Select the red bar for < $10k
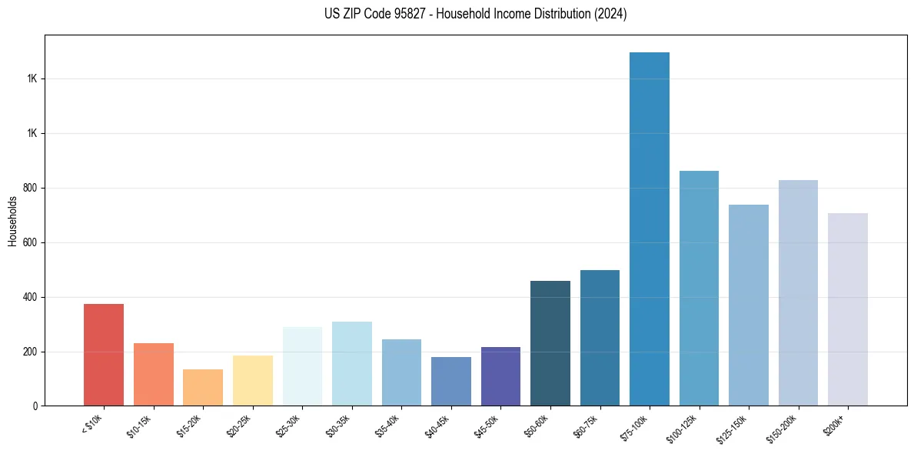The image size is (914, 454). click(x=104, y=355)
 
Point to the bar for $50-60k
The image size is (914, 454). click(x=550, y=343)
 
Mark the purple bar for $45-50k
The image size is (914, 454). click(x=500, y=376)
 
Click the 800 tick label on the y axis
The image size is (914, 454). click(x=31, y=188)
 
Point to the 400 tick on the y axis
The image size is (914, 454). click(x=31, y=297)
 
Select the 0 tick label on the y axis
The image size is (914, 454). click(x=35, y=406)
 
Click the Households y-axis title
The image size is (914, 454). click(x=12, y=221)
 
